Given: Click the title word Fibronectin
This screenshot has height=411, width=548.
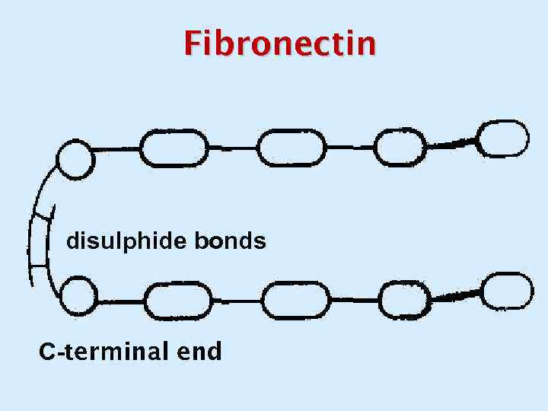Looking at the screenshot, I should pos(279,43).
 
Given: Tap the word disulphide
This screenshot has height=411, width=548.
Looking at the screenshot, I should pos(126,242).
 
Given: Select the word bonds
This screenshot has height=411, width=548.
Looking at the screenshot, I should pos(230,242).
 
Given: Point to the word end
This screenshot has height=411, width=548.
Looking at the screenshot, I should pos(199,352).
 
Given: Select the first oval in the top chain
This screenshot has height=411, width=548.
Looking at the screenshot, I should pos(174,148).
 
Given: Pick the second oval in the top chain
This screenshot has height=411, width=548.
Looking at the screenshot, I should pos(291,147).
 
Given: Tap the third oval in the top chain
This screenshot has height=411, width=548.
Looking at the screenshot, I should pos(400,146).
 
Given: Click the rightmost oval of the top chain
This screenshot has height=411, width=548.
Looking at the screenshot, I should pos(504,138).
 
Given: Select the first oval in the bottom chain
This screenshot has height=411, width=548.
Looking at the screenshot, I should pos(177,301).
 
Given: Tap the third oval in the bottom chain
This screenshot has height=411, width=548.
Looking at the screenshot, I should pos(404,301).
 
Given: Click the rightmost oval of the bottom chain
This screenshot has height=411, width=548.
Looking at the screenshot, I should pos(506,292).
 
